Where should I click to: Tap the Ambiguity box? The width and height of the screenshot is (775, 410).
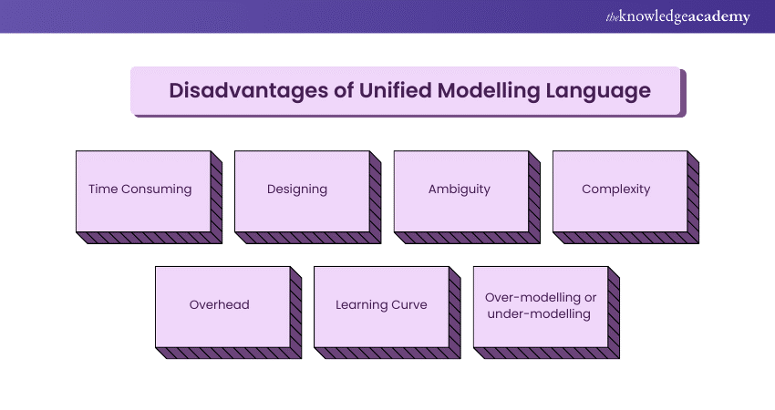pos(460,190)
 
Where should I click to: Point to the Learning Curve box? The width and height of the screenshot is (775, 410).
pos(381,305)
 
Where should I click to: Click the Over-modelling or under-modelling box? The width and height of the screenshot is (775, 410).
pos(540,305)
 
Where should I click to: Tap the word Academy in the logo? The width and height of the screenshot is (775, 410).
pos(721,17)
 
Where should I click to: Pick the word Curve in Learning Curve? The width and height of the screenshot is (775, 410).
pos(408,305)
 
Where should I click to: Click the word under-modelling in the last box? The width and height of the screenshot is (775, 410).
pos(540,314)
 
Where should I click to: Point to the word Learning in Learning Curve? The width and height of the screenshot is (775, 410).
pos(362,305)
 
